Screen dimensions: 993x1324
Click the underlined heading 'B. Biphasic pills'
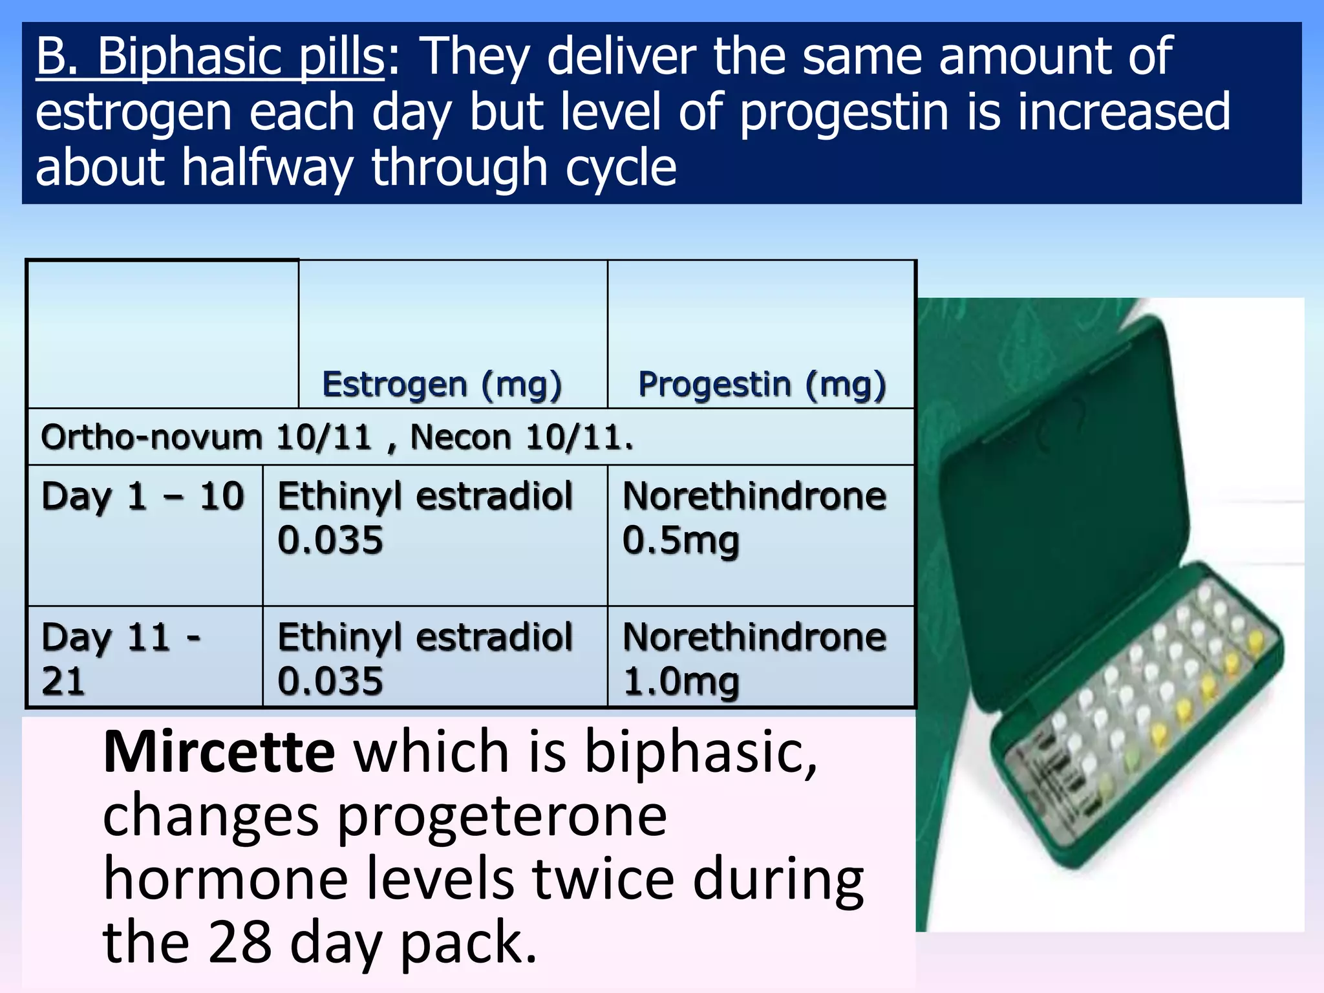(x=210, y=57)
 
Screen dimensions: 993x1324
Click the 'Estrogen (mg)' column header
(x=442, y=385)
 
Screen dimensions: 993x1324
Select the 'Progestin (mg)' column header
(x=762, y=385)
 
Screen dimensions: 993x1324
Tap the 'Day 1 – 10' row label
(x=143, y=496)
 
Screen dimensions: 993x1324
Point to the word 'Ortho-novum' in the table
(x=151, y=437)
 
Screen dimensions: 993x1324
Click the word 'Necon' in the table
(x=460, y=437)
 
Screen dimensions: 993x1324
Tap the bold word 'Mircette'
(x=219, y=752)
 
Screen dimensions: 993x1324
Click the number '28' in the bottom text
(x=240, y=943)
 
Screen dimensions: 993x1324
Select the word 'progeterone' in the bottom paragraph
(x=502, y=816)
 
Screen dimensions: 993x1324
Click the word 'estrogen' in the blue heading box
(x=133, y=112)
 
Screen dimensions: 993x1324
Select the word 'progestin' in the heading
(x=844, y=112)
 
